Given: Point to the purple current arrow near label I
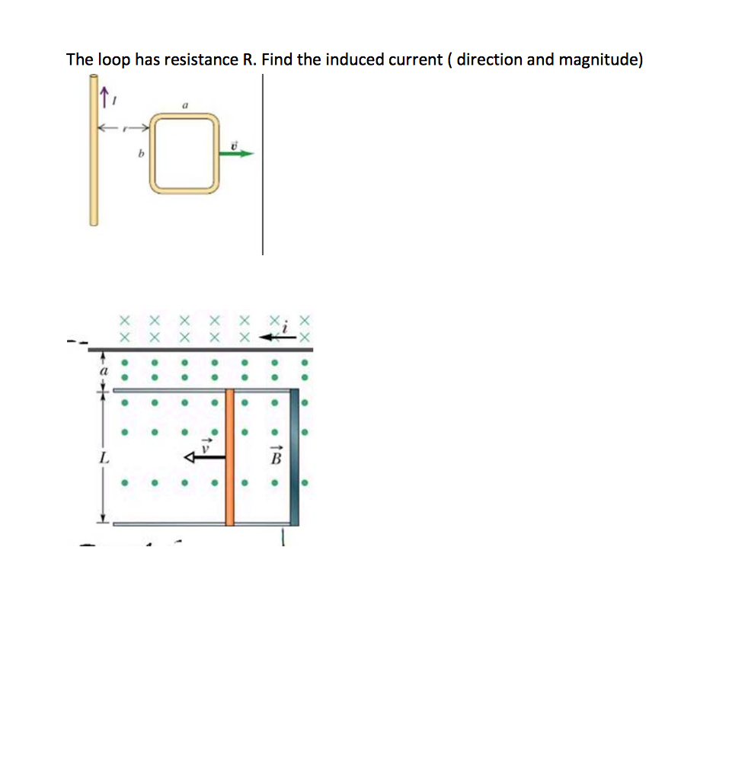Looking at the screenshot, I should point(101,95).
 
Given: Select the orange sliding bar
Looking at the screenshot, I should point(229,457).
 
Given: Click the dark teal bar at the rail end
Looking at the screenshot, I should point(295,457).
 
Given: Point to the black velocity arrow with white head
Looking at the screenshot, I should point(204,457).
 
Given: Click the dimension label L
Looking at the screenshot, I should point(101,459).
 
